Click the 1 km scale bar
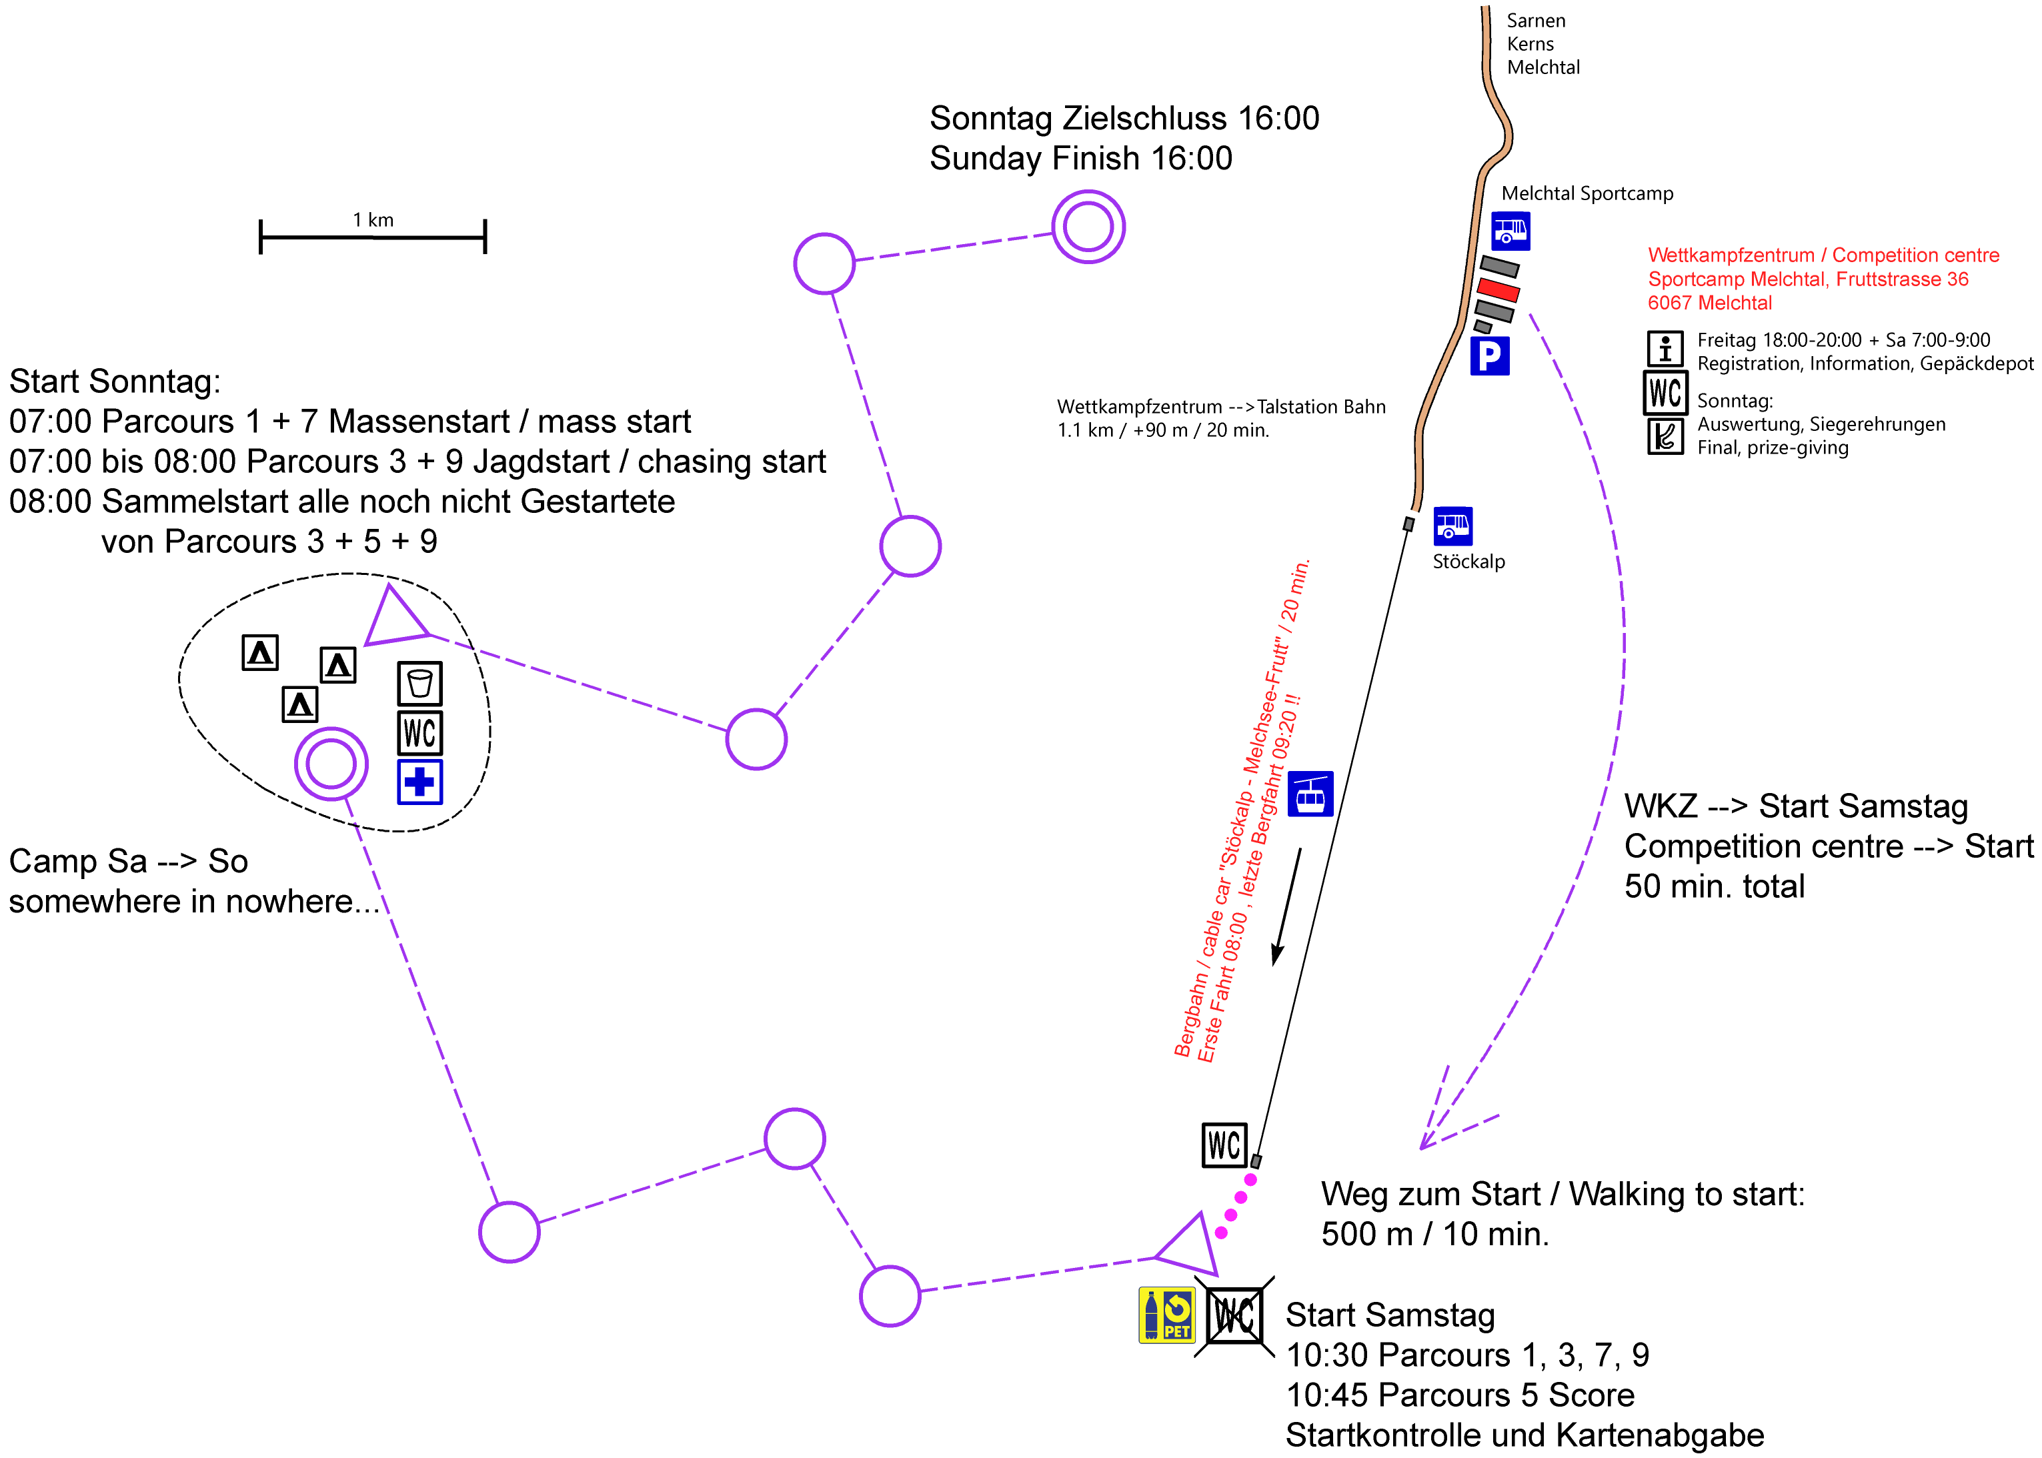pyautogui.click(x=373, y=237)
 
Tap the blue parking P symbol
pyautogui.click(x=1489, y=355)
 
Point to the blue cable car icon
pyautogui.click(x=1310, y=794)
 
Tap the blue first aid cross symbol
pyautogui.click(x=420, y=782)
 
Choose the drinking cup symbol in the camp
pyautogui.click(x=420, y=684)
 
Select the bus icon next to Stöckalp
pyautogui.click(x=1452, y=526)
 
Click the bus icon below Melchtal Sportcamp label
pyautogui.click(x=1510, y=231)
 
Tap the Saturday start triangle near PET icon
pyautogui.click(x=1188, y=1245)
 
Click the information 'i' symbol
pyautogui.click(x=1665, y=347)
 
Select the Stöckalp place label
pyautogui.click(x=1468, y=562)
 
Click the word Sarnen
pyautogui.click(x=1536, y=21)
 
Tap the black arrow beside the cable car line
pyautogui.click(x=1286, y=907)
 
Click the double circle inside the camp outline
pyautogui.click(x=331, y=763)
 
